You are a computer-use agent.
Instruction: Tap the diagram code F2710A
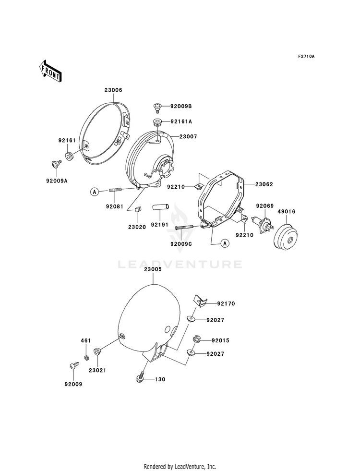[306, 56]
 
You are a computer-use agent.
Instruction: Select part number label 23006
[113, 90]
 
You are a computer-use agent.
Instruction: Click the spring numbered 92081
[115, 190]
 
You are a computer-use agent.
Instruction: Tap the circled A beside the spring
[95, 191]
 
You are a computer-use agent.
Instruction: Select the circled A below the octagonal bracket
[225, 243]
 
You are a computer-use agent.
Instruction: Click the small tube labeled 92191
[161, 207]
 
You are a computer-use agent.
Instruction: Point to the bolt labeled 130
[140, 377]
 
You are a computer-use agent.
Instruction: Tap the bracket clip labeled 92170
[199, 301]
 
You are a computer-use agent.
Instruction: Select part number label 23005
[153, 269]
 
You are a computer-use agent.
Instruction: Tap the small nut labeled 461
[86, 358]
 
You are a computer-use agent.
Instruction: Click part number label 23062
[264, 184]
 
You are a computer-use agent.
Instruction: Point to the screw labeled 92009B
[157, 107]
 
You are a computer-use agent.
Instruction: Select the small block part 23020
[137, 209]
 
